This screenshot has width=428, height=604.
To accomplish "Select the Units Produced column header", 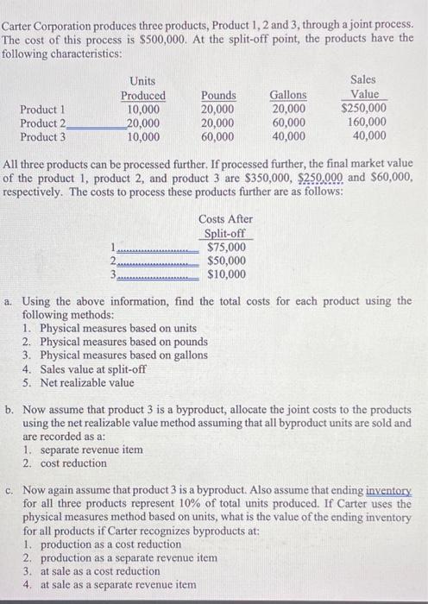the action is tap(143, 88).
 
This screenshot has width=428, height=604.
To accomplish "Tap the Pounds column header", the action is tap(217, 95).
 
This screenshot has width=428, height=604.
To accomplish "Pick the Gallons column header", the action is tap(287, 95).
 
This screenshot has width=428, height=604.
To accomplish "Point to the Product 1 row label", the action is tap(42, 109).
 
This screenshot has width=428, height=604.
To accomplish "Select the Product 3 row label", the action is tap(42, 135).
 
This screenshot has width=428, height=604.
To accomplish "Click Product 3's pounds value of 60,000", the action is tap(217, 135).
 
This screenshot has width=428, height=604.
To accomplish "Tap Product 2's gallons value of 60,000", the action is tap(287, 123).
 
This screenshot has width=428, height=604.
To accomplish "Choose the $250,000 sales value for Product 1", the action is tap(364, 109).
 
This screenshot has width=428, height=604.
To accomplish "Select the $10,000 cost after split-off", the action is tap(227, 275).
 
